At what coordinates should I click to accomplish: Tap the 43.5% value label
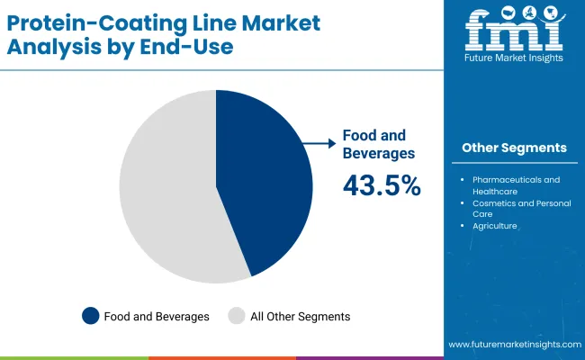[x=382, y=185]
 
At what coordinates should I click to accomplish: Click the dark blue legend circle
[x=90, y=316]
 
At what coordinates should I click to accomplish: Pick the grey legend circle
[x=237, y=316]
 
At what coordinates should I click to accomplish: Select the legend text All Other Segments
[x=301, y=316]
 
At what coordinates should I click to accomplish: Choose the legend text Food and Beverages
[x=157, y=316]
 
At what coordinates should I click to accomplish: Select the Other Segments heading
[x=514, y=148]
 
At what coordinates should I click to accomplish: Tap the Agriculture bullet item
[x=495, y=227]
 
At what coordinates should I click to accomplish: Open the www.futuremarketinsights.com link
[x=513, y=345]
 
